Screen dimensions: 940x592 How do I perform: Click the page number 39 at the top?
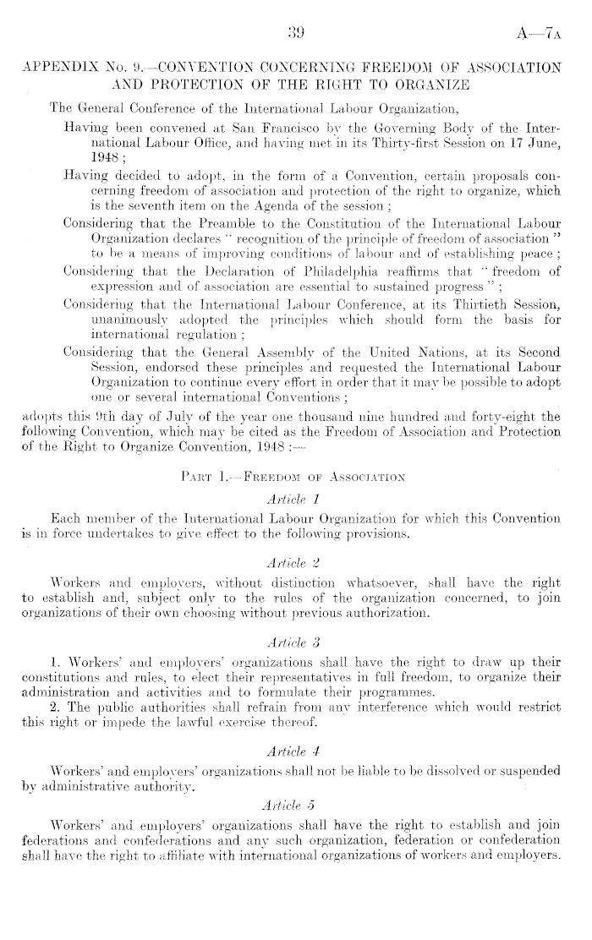coord(296,34)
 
